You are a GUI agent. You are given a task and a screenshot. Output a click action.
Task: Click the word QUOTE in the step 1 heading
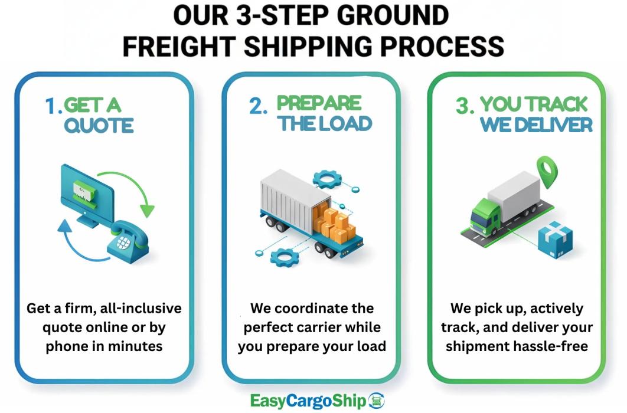99,125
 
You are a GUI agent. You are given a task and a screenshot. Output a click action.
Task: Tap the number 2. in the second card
259,106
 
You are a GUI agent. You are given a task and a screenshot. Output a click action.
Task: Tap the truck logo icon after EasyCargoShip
375,401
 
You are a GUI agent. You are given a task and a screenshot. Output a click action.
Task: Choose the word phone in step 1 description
67,346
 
